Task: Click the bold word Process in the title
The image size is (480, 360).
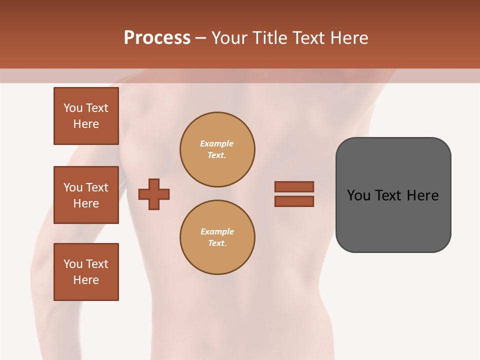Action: [157, 38]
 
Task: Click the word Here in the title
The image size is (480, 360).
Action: [349, 38]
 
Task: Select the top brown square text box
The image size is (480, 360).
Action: [86, 116]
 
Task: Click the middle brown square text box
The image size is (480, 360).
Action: [86, 195]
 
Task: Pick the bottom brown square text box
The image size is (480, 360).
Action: [86, 272]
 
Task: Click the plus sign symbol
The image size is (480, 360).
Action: [154, 194]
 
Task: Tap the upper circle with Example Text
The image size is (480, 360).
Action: [217, 149]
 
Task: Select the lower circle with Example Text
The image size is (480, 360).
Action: [217, 237]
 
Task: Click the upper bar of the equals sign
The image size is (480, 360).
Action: [294, 186]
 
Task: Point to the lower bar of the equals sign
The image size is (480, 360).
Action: [294, 201]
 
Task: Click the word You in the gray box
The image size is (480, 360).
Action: [359, 195]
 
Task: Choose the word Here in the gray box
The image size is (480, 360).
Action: [422, 195]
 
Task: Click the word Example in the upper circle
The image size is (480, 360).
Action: [216, 143]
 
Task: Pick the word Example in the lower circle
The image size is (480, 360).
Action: [217, 231]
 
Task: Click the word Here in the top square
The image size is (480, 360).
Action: [86, 124]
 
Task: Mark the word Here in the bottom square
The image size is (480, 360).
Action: [86, 280]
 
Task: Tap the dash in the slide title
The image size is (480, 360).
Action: [200, 38]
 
